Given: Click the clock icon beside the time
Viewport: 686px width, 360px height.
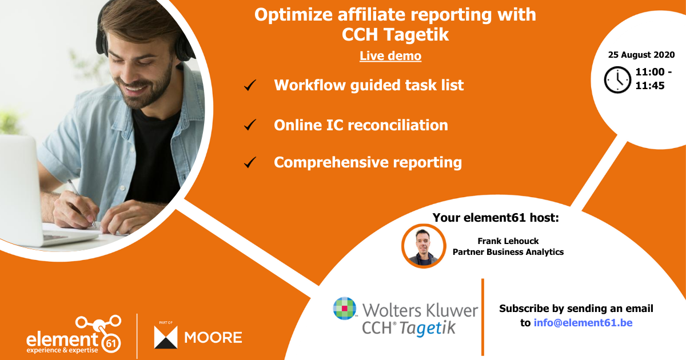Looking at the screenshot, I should pos(617,80).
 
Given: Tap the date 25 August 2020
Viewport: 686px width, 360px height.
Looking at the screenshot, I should pos(641,55).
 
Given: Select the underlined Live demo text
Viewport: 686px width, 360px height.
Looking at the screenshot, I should pos(390,56).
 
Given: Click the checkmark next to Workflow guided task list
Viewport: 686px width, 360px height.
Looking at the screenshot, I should pos(250,86).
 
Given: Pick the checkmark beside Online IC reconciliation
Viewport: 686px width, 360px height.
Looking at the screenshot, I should pos(250,125).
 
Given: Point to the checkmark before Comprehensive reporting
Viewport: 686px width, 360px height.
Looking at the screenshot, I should pos(250,163).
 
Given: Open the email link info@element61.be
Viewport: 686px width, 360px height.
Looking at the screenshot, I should pos(583,323).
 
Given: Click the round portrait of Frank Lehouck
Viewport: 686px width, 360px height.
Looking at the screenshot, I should pos(423,246).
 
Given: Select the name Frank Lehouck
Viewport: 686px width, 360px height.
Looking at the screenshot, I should pos(508,241).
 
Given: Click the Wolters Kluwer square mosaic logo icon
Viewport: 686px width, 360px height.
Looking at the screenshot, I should pos(345,309).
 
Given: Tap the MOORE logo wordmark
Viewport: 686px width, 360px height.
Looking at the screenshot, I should pos(213,337).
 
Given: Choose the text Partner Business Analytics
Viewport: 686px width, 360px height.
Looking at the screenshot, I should pos(508,251).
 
